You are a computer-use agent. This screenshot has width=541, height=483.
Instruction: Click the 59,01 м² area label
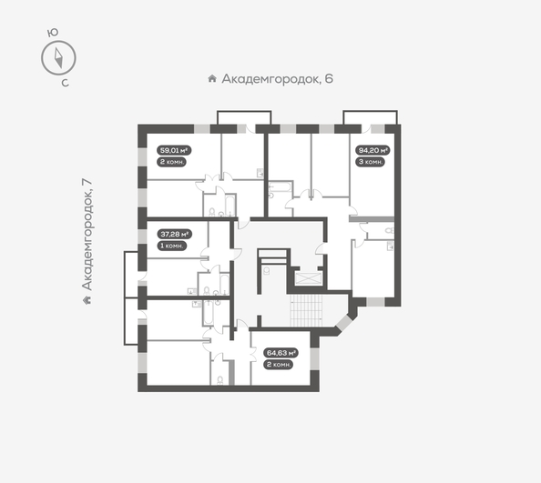[x=173, y=150]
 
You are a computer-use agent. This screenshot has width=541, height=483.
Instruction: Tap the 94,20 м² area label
[x=372, y=150]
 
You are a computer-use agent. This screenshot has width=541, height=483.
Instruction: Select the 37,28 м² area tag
[x=173, y=234]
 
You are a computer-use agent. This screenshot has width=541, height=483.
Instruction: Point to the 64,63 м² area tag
[x=279, y=352]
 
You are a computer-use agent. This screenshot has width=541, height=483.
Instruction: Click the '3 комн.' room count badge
[x=370, y=161]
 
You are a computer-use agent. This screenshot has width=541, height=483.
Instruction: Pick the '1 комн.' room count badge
[x=171, y=245]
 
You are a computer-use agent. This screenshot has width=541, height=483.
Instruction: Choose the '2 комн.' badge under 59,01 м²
[x=171, y=161]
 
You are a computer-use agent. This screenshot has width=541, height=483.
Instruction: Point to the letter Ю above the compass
[x=54, y=32]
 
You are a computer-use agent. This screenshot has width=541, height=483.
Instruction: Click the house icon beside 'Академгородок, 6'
[x=212, y=79]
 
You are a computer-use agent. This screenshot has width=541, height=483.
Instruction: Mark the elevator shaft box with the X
[x=311, y=278]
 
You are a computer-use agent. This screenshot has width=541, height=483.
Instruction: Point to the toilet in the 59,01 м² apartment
[x=212, y=213]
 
